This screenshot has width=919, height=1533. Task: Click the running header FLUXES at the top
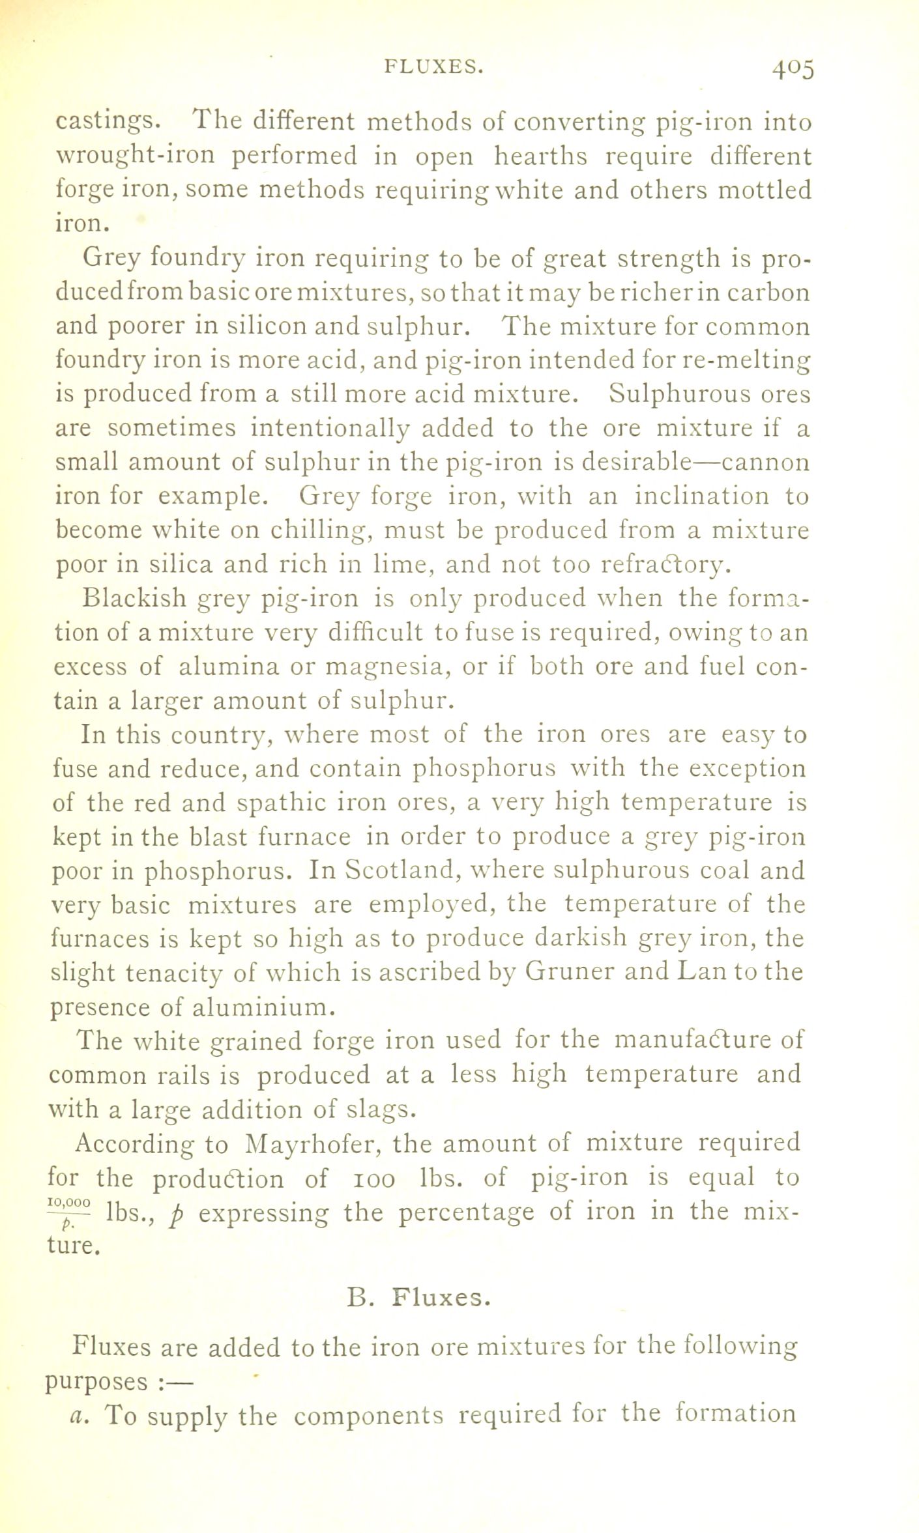[x=434, y=66]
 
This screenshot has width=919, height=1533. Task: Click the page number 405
[x=793, y=68]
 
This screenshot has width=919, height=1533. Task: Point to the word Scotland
[x=392, y=870]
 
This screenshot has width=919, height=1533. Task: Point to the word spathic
[x=279, y=803]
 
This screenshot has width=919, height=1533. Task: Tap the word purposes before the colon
[x=96, y=1382]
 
